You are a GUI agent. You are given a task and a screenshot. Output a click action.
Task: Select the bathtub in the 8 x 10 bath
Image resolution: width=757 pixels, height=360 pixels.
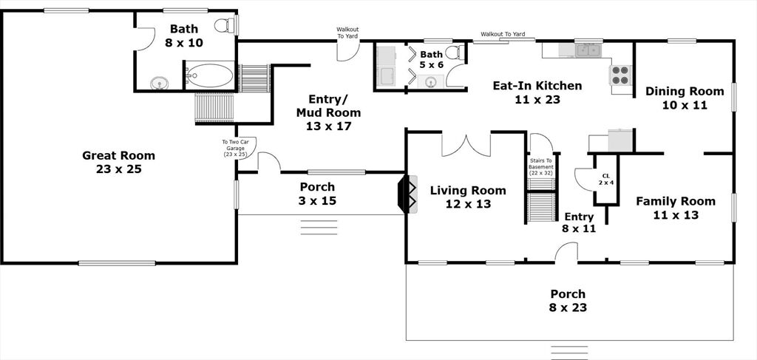pyautogui.click(x=210, y=75)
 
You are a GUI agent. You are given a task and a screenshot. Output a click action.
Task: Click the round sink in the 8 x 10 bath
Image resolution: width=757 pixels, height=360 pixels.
pyautogui.click(x=159, y=83)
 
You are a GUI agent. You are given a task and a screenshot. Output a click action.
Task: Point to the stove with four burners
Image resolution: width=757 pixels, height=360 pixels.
pyautogui.click(x=621, y=75)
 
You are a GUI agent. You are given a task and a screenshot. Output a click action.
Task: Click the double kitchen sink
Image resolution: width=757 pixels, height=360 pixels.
pyautogui.click(x=588, y=50)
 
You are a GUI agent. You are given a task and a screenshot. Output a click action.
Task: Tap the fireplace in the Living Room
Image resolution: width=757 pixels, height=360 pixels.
pyautogui.click(x=407, y=194)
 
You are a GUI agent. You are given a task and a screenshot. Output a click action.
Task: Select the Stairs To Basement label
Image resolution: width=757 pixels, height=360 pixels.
pyautogui.click(x=540, y=167)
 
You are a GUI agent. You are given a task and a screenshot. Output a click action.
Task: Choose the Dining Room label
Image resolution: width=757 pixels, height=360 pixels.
pyautogui.click(x=685, y=98)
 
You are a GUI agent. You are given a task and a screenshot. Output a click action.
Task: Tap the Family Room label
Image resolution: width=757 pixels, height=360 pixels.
pyautogui.click(x=676, y=208)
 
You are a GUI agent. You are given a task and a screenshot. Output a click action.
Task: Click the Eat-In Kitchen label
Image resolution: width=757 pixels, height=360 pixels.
pyautogui.click(x=537, y=92)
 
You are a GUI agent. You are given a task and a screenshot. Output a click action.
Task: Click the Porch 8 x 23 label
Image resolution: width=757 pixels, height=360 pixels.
pyautogui.click(x=568, y=300)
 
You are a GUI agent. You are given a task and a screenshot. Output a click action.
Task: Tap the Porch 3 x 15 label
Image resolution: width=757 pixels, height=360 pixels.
pyautogui.click(x=317, y=194)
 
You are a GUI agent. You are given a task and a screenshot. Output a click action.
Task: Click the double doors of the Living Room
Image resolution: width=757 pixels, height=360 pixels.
pyautogui.click(x=466, y=146)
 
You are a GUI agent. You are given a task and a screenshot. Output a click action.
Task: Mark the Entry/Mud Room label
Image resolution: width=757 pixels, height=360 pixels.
pyautogui.click(x=328, y=113)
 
